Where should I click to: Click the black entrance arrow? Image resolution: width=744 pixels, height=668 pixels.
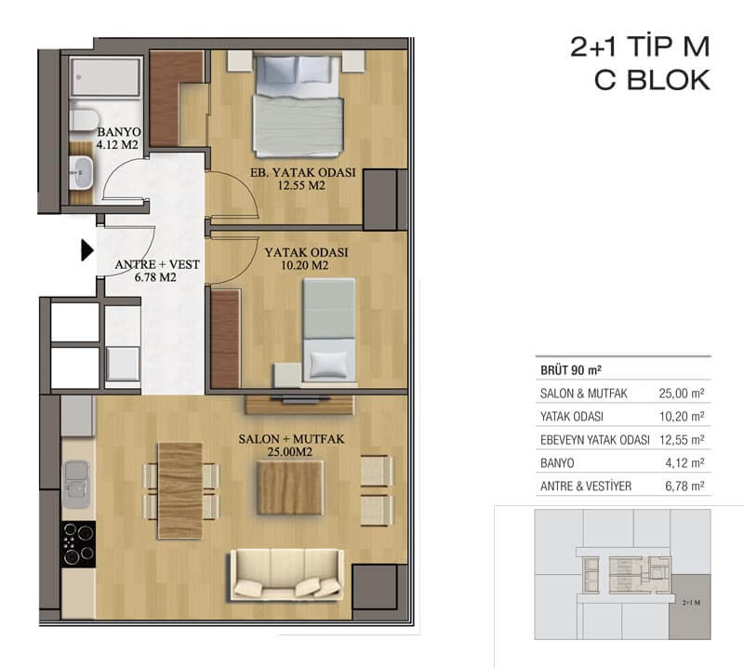point(86,250)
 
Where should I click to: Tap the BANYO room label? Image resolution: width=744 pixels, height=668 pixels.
point(119,132)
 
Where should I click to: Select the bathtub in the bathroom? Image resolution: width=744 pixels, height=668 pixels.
point(105,78)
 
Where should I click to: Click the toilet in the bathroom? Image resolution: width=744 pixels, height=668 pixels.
point(84,120)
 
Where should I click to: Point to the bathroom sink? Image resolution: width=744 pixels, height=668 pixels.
point(81,173)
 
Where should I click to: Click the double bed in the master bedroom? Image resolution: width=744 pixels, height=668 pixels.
point(298,105)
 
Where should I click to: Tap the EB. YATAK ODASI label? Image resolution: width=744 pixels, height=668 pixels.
point(303,172)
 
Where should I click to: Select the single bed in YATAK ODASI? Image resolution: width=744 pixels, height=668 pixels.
point(329,330)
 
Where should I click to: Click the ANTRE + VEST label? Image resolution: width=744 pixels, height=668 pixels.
point(157,264)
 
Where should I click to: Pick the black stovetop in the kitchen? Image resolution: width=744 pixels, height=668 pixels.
point(78,544)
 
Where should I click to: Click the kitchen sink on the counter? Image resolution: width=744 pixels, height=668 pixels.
point(76,485)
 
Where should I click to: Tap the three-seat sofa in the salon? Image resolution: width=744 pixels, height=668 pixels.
point(287,575)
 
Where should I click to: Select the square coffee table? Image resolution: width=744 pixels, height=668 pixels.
point(289,488)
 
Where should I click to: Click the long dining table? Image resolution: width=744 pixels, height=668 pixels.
point(180,490)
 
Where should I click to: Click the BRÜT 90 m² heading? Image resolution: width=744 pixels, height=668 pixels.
point(571,370)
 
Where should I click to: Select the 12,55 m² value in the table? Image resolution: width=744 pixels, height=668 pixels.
point(682,440)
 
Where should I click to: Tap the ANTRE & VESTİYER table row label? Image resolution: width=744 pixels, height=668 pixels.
point(586,487)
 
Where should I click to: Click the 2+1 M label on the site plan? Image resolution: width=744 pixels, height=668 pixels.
point(691,603)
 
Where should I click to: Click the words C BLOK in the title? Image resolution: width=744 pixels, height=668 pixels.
point(653,80)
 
